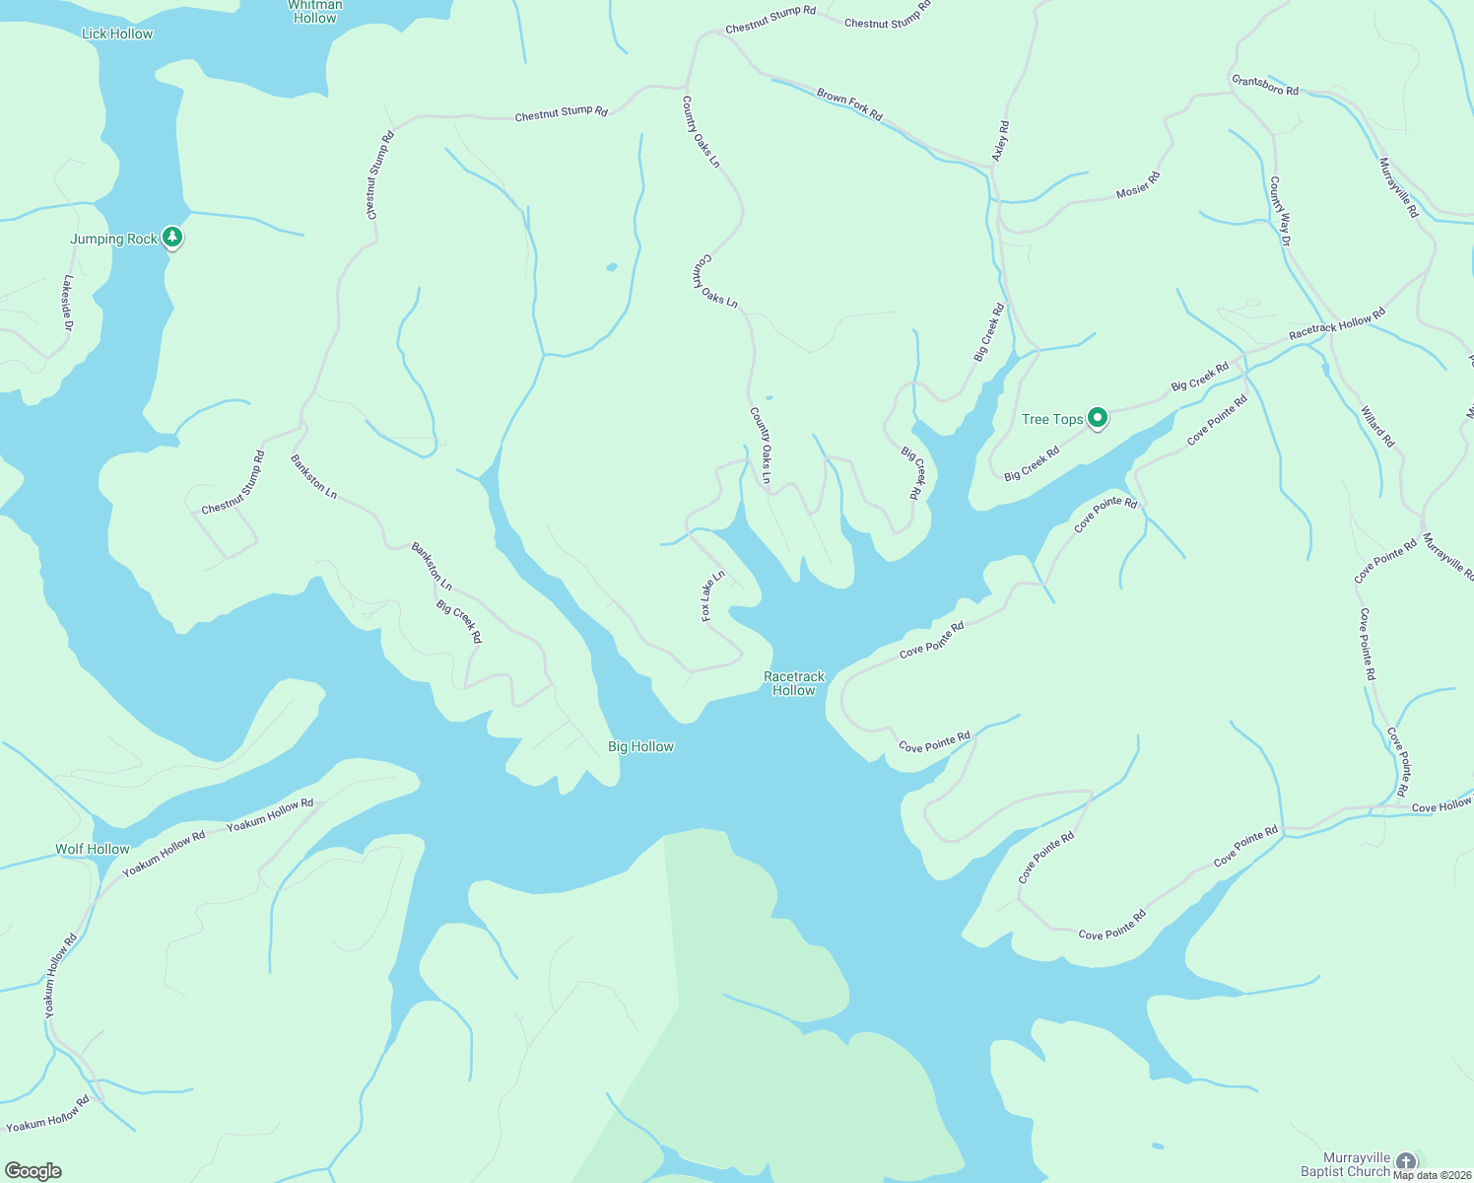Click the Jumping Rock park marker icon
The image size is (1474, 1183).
172,237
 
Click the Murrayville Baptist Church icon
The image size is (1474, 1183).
1406,1162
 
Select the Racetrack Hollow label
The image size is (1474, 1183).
794,683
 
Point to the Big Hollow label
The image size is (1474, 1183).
640,746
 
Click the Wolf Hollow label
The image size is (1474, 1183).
93,849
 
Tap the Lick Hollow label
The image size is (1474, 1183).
117,34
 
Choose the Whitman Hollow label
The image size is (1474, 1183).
315,12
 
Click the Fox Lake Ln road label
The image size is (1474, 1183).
712,595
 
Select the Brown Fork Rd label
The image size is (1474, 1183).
849,104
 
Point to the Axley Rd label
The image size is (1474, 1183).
1000,142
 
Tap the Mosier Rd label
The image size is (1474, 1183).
1138,185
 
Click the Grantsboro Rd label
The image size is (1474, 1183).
1265,85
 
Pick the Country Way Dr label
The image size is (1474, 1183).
1280,211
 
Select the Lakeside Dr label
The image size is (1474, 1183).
68,303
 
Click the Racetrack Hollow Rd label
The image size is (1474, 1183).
1337,324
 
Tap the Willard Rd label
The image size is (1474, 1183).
1377,426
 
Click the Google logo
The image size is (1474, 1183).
33,1171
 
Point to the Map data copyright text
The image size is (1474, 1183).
1433,1175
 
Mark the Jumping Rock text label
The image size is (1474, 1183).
113,239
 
